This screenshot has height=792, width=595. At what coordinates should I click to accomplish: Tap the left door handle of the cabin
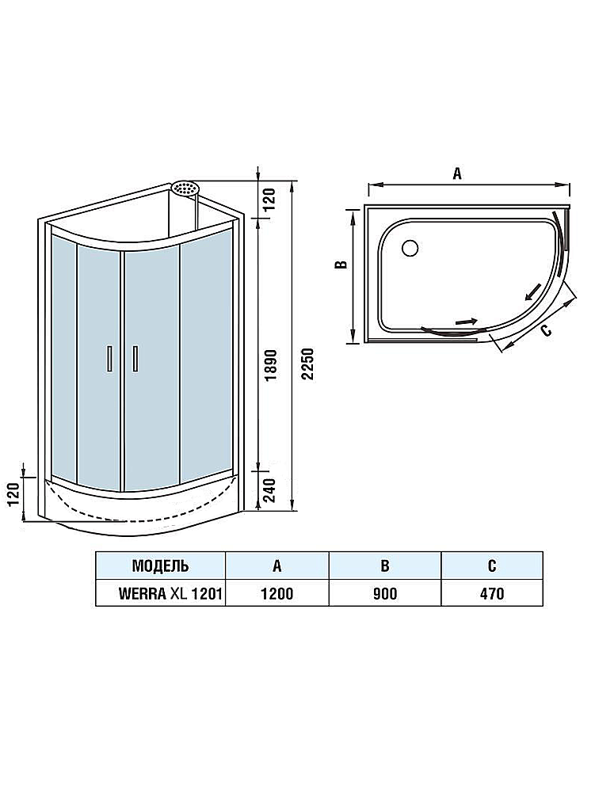point(109,359)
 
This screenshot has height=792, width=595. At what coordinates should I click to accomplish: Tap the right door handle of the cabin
point(135,359)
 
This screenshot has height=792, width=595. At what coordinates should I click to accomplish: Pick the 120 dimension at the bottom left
point(14,493)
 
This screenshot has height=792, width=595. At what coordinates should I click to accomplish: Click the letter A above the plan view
point(457,173)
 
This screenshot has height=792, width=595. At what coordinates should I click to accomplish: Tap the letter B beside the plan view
point(343,265)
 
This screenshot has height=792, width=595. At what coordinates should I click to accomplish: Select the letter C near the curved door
point(546,331)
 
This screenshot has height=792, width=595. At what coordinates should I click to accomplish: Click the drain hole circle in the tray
point(410,247)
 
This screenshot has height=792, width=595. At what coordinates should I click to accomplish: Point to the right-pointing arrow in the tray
point(466,322)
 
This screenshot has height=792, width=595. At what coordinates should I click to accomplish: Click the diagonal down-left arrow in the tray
point(532,292)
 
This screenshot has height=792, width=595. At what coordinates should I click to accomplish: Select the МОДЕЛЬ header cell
point(161,565)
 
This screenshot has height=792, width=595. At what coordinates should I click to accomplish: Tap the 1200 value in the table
point(277,593)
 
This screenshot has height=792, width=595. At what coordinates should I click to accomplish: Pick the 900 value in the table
point(385,593)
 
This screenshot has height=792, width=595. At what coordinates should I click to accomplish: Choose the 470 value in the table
point(492,593)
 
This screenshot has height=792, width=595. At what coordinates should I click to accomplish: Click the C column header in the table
point(492,565)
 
